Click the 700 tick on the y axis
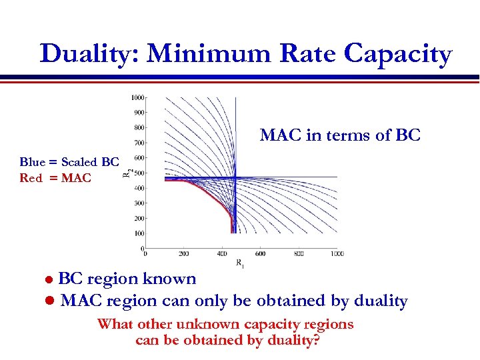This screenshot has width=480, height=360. click(x=139, y=142)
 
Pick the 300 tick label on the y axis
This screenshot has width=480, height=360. click(x=139, y=203)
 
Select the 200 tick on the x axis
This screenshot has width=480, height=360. click(x=184, y=253)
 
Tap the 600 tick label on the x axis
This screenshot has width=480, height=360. click(x=261, y=253)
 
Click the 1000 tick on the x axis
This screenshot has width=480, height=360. click(x=337, y=253)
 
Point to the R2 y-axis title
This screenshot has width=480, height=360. click(x=127, y=173)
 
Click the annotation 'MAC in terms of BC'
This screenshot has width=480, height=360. click(x=340, y=135)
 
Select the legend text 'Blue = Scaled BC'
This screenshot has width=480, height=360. click(x=69, y=162)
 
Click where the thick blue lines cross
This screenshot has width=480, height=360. click(x=235, y=177)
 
